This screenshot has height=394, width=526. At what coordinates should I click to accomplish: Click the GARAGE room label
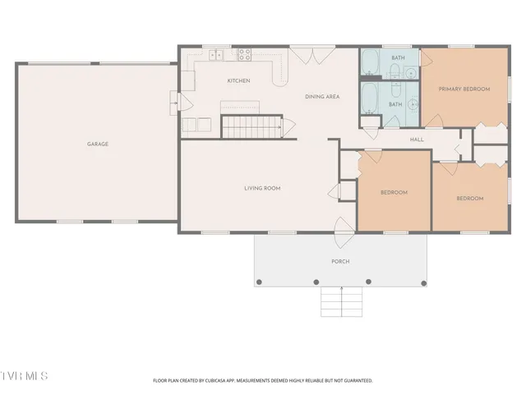tap(98, 144)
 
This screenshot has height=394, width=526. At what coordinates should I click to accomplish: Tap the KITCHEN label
tap(238, 80)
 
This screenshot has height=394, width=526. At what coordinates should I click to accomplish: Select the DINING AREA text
tap(322, 97)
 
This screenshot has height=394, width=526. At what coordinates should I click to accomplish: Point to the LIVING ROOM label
tap(262, 188)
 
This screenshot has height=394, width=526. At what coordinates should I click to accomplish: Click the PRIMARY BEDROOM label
tap(464, 89)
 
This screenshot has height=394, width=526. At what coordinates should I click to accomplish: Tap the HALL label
tap(417, 140)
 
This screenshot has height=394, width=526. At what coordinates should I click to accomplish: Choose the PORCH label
tap(340, 261)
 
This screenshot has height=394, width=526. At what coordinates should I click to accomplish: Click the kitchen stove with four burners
tap(245, 55)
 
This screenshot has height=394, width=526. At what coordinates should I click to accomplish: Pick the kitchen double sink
tap(216, 55)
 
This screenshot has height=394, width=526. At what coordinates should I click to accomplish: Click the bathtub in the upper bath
tap(371, 62)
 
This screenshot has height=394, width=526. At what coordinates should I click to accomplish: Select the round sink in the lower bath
tap(413, 104)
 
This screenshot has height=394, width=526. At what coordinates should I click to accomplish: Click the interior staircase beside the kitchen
tap(251, 126)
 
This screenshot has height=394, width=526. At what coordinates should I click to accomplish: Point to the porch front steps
tap(342, 301)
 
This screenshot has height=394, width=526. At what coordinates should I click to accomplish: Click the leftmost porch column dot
tap(259, 282)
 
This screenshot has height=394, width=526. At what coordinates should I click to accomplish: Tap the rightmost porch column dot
tap(424, 283)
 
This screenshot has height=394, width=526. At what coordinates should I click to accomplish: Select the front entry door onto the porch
tap(344, 232)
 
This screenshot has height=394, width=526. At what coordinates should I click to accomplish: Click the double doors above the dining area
tap(312, 56)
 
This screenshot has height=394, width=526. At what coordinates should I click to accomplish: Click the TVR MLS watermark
tap(24, 376)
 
